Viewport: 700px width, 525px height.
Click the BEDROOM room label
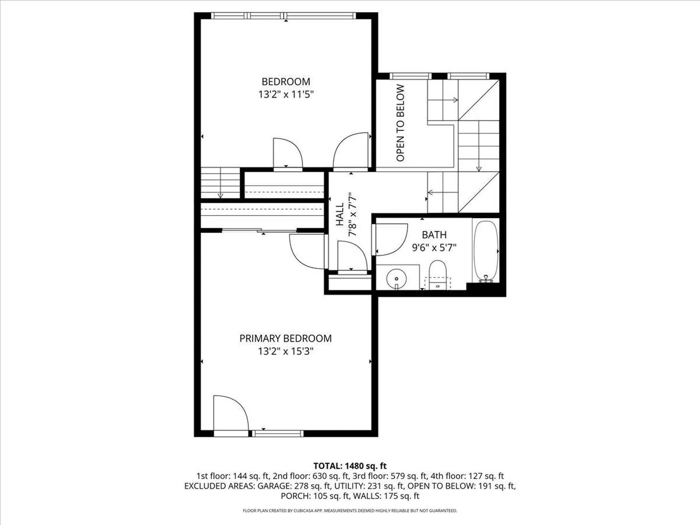click(x=286, y=82)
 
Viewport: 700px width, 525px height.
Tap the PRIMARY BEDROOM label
click(x=285, y=338)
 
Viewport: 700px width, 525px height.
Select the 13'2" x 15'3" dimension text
click(x=285, y=351)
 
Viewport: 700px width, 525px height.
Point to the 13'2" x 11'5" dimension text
click(x=286, y=94)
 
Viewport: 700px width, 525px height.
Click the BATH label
click(x=434, y=235)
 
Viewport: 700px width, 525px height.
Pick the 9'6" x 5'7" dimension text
click(x=434, y=248)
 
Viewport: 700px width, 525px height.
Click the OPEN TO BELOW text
click(x=400, y=123)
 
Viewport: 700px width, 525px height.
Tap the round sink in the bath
click(x=397, y=279)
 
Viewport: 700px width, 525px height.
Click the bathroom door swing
click(x=391, y=239)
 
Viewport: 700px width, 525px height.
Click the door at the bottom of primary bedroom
click(x=230, y=414)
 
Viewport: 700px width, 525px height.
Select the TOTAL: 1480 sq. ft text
click(x=350, y=466)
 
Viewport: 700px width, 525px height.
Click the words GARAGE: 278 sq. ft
click(x=294, y=486)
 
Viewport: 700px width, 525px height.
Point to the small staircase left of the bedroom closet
click(x=220, y=183)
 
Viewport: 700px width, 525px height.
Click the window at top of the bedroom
click(x=283, y=16)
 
